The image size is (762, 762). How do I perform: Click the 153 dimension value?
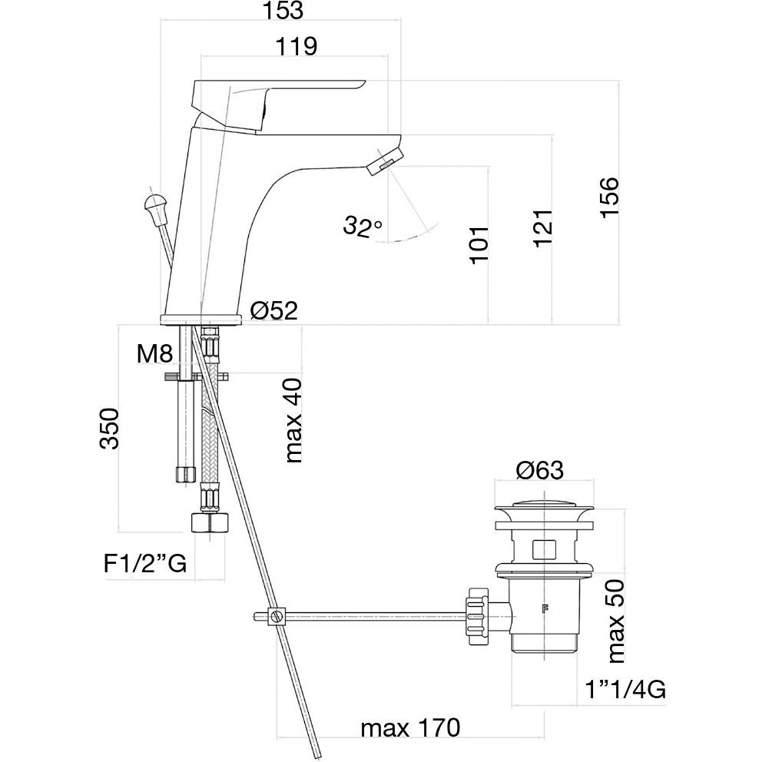[x=282, y=12]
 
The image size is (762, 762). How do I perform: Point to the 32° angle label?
[x=363, y=227]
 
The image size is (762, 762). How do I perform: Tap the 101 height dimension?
[x=478, y=245]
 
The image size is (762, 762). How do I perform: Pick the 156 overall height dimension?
[x=609, y=197]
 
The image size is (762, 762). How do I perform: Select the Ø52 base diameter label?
[x=273, y=310]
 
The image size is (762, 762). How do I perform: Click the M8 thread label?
[x=155, y=355]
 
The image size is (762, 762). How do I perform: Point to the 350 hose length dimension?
[x=109, y=428]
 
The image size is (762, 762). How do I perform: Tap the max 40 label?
[x=293, y=420]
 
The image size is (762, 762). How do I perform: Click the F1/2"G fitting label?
[x=145, y=565]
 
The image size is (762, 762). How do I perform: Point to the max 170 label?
[x=410, y=727]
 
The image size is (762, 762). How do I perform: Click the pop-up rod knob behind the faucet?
[x=154, y=207]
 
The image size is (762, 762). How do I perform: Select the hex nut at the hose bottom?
[x=210, y=523]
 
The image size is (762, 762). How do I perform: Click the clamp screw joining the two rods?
[x=274, y=615]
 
